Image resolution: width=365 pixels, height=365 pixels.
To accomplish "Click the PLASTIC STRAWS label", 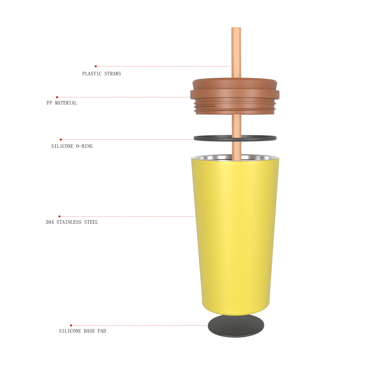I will [x=101, y=74].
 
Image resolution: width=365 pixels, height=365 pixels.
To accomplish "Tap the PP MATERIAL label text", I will [x=62, y=103].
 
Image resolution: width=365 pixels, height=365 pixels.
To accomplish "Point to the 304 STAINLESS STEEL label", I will [x=72, y=222].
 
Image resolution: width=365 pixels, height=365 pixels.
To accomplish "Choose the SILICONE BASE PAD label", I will [x=82, y=331].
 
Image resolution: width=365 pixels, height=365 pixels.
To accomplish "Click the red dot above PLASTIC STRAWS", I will [x=96, y=66].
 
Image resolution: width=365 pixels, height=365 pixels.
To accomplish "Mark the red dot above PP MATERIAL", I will [x=57, y=97].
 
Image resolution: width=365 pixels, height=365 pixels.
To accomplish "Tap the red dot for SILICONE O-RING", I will [x=61, y=139].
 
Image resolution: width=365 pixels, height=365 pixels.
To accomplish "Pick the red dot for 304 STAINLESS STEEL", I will [x=59, y=216].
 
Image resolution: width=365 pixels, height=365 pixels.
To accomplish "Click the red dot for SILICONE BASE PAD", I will [x=71, y=325].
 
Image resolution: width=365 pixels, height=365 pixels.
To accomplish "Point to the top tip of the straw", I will [x=236, y=28].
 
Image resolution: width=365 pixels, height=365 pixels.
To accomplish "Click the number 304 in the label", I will [x=50, y=222].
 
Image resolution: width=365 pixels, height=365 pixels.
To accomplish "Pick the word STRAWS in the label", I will [x=111, y=74].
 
